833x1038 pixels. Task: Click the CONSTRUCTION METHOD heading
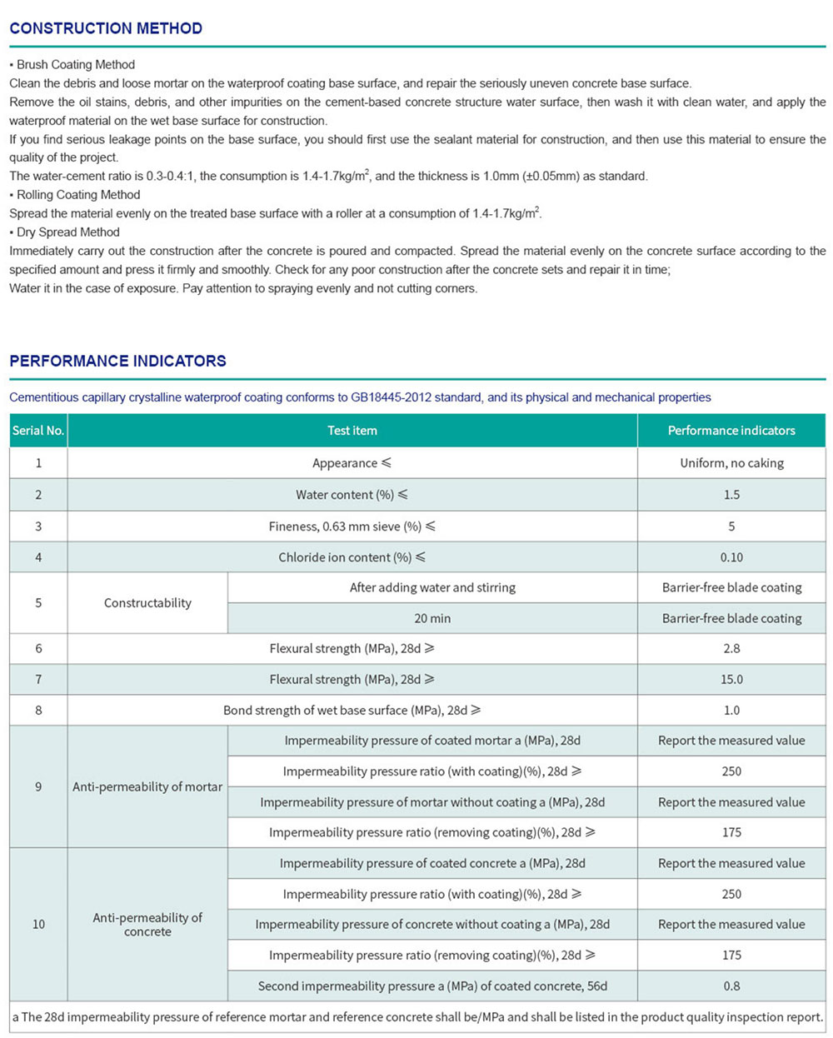click(x=106, y=28)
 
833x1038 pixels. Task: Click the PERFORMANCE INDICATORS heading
click(x=117, y=361)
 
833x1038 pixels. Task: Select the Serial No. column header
click(x=38, y=431)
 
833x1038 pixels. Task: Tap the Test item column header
click(x=352, y=431)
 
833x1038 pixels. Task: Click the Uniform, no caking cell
click(x=731, y=463)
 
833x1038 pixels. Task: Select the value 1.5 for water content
click(x=731, y=495)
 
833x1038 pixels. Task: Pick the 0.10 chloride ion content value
click(x=731, y=557)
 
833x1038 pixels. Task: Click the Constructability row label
click(x=147, y=603)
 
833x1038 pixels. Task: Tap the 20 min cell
click(x=432, y=618)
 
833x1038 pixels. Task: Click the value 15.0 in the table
click(x=731, y=680)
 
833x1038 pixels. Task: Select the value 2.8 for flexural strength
click(x=731, y=648)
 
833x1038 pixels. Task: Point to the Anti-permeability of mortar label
click(x=147, y=786)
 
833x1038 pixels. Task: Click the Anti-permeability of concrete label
click(x=147, y=925)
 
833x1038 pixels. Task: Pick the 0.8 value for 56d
click(x=731, y=986)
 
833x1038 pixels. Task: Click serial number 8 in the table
click(x=38, y=711)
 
